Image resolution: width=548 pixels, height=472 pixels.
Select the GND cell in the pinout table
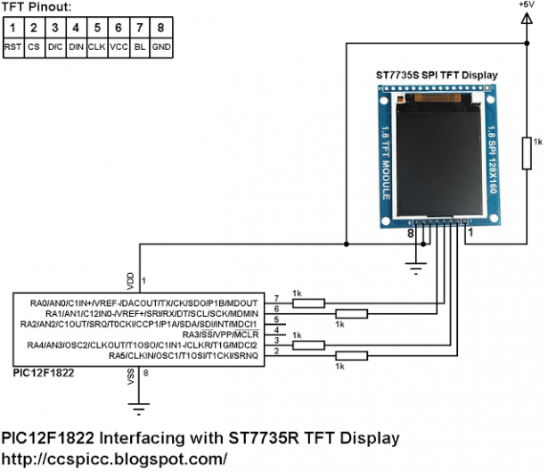(x=160, y=45)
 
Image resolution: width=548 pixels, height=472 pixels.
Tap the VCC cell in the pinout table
(x=119, y=45)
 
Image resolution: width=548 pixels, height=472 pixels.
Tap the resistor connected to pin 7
(x=309, y=302)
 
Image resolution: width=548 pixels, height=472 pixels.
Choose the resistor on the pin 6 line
(x=351, y=313)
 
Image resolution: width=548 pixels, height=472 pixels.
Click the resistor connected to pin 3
(x=309, y=344)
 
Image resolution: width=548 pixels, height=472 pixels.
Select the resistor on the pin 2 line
(x=351, y=355)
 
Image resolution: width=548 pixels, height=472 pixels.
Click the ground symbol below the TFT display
(x=413, y=262)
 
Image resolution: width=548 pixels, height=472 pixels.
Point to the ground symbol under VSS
(x=137, y=408)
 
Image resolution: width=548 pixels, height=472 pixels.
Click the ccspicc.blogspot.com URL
(x=114, y=459)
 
